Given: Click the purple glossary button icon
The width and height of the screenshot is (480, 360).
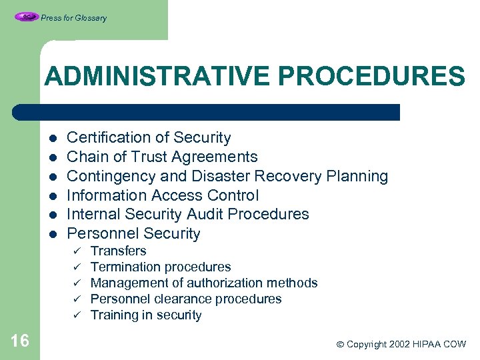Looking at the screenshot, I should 26,17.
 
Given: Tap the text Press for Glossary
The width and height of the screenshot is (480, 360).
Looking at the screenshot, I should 73,18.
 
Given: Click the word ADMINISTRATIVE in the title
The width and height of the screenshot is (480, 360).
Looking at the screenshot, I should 158,76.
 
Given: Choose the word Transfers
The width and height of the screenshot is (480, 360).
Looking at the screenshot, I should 118,251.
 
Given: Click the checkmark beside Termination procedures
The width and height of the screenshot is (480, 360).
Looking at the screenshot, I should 77,267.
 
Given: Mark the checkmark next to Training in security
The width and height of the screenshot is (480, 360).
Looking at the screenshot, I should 77,315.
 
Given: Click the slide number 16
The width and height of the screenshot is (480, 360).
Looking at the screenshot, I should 20,341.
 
